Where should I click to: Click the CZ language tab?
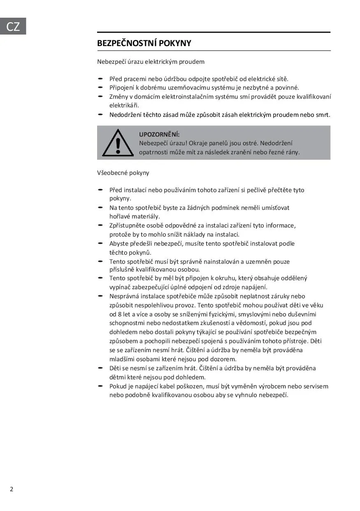(13, 26)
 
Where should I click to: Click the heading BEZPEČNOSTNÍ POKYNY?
(144, 44)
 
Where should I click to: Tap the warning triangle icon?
(118, 143)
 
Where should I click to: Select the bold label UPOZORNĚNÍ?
(159, 135)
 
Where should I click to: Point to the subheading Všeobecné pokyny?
(123, 173)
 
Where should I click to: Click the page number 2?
(12, 489)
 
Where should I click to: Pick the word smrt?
(323, 115)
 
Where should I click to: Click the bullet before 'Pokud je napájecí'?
(100, 386)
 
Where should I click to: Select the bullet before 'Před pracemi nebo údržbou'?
(100, 78)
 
